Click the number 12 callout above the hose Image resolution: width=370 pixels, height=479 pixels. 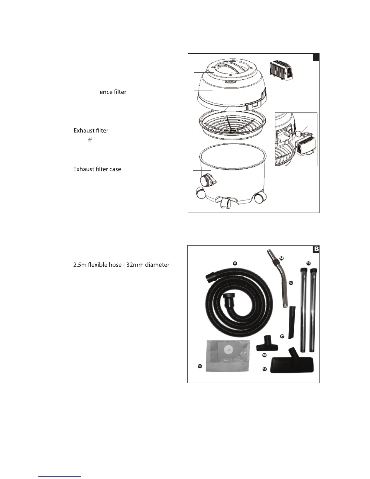point(235,263)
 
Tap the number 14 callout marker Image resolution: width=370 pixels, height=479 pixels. point(281,258)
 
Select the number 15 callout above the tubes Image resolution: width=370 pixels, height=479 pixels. point(308,263)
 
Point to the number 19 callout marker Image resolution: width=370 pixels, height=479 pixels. point(200,366)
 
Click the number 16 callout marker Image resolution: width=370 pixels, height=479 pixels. point(265,369)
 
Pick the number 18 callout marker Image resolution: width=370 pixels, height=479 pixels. point(264,355)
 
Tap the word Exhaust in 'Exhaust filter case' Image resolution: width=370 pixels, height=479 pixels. point(83,169)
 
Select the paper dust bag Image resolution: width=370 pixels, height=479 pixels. point(227,355)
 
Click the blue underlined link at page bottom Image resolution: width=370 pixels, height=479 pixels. point(60,476)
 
